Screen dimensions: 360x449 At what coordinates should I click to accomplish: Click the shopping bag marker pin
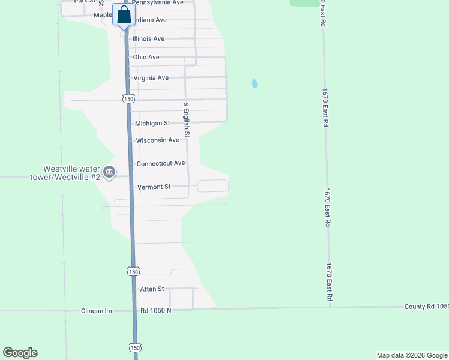124,15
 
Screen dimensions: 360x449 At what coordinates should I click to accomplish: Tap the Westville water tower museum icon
109,173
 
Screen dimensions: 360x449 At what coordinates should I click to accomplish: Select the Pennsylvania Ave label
158,2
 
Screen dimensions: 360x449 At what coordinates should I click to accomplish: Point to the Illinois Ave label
148,39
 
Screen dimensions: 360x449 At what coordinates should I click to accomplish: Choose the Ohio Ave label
146,57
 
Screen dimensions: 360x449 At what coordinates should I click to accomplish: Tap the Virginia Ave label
151,78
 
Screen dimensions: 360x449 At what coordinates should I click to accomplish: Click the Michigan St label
153,123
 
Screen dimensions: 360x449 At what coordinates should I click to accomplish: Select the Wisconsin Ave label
158,140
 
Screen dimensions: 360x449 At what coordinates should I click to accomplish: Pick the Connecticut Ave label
161,163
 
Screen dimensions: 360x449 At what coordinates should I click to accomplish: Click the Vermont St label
154,187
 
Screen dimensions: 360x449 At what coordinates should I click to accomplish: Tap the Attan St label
152,289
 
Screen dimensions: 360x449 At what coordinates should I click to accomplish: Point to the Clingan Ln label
97,311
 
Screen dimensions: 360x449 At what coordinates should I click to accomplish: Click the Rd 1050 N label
156,311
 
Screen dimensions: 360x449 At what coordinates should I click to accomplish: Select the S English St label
187,119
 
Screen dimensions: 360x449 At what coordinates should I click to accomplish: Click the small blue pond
255,84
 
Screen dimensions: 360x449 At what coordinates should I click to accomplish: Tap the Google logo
20,353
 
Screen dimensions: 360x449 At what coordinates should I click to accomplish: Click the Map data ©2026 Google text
412,355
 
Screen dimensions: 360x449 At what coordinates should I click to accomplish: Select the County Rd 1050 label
427,306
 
